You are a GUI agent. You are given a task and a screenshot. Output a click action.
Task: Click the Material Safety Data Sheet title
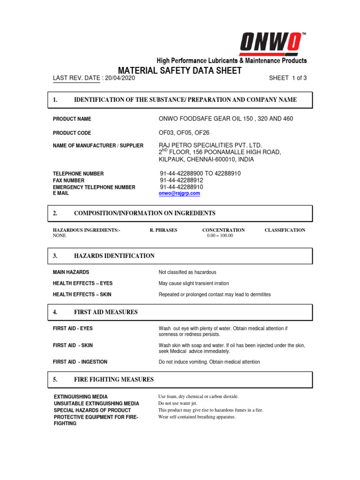(180, 71)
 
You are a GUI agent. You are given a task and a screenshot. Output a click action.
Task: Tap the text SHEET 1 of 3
(288, 78)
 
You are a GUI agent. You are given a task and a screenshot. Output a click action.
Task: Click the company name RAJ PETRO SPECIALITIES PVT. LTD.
(210, 145)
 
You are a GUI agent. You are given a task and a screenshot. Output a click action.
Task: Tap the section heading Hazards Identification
(114, 256)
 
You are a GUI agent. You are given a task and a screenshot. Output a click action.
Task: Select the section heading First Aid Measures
(105, 312)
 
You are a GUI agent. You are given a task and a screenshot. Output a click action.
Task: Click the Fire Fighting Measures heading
(113, 379)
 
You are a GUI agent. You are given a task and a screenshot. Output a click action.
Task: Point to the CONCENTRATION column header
(223, 230)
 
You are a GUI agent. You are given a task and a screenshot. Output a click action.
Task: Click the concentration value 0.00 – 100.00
(220, 236)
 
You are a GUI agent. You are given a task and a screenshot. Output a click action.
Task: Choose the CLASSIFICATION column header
(285, 230)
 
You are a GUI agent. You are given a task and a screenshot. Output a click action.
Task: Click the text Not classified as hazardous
(187, 272)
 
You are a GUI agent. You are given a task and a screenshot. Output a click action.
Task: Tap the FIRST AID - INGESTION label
(80, 362)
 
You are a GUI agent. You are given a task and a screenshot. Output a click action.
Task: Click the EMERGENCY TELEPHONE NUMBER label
(94, 187)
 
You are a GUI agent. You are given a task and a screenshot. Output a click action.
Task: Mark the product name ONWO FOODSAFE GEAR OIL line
(226, 119)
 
